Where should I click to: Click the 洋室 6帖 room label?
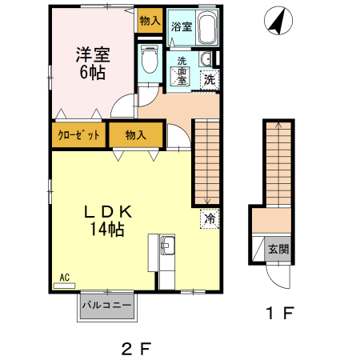click(92, 62)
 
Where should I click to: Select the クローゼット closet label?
click(78, 135)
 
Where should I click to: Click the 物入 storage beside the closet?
click(137, 135)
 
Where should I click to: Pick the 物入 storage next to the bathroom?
click(150, 20)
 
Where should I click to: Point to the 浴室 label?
click(182, 27)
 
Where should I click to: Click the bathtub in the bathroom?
click(207, 30)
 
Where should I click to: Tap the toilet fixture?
click(149, 60)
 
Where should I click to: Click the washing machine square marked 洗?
click(209, 79)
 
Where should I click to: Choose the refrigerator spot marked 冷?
click(210, 217)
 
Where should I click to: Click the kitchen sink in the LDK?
click(167, 247)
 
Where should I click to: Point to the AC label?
click(65, 278)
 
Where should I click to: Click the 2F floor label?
click(136, 349)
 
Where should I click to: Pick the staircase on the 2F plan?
click(206, 160)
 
